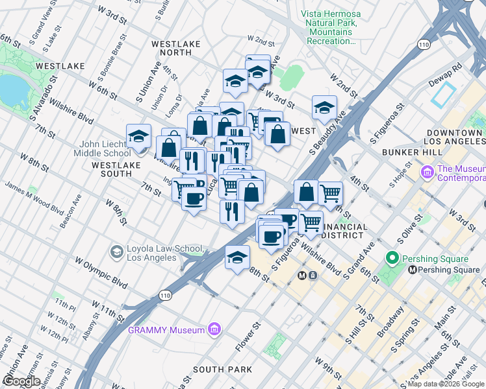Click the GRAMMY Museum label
(x=166, y=330)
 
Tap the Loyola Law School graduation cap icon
(x=116, y=252)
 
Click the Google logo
(x=21, y=381)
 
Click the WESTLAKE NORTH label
(x=176, y=49)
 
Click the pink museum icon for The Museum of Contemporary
(x=427, y=172)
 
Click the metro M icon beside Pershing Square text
(x=412, y=270)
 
